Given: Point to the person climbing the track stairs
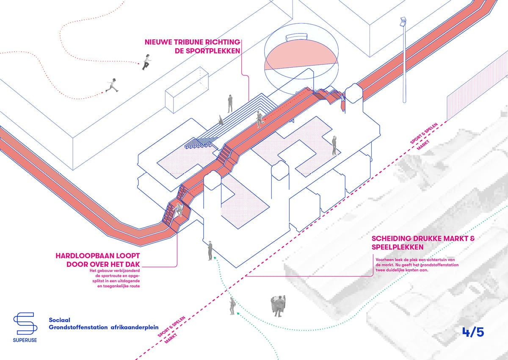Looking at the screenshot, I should click(x=179, y=210).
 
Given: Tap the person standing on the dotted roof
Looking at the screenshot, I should click(x=334, y=145).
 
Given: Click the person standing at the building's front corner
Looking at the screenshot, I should click(x=210, y=250).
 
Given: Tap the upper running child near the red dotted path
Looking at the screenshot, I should click(x=146, y=62).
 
